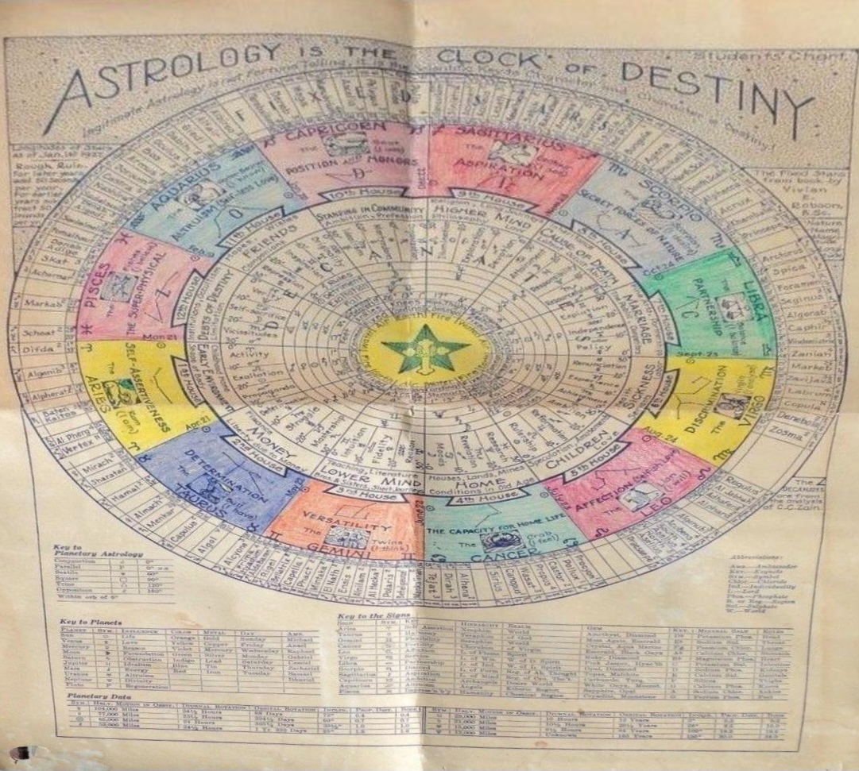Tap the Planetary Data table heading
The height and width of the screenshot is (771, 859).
pos(88,694)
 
